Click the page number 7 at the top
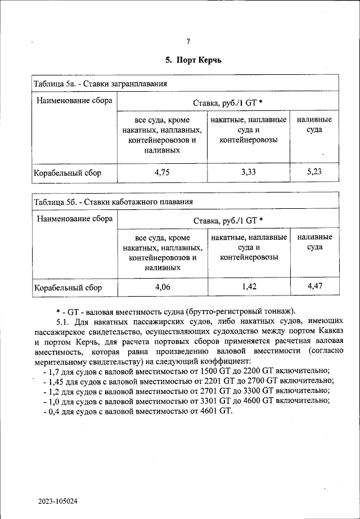(x=188, y=41)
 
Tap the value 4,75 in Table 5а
(x=162, y=173)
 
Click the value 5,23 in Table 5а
(x=314, y=172)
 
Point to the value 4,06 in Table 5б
(x=162, y=288)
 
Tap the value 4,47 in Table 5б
(x=314, y=287)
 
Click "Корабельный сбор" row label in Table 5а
(x=68, y=173)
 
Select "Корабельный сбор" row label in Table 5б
(x=68, y=288)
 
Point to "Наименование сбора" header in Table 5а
(x=74, y=101)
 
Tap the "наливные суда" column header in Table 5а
(x=314, y=125)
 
